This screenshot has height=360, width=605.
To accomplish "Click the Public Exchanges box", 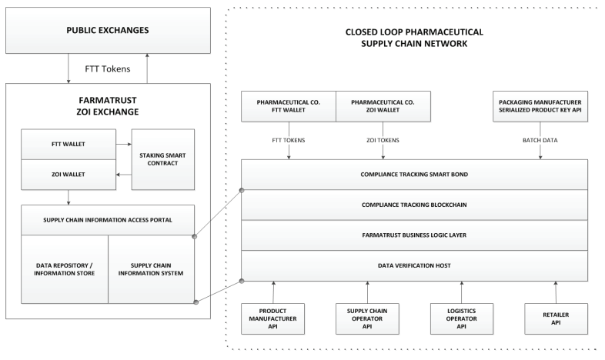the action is tap(108, 30).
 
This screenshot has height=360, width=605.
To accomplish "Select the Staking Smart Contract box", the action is tap(163, 159).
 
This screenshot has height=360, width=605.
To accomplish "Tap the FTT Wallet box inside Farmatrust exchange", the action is tap(69, 144).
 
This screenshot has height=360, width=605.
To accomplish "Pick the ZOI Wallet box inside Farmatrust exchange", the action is tap(69, 175).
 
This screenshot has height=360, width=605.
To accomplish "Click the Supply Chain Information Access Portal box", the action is tap(108, 220).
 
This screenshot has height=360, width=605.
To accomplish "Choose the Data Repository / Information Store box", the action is tap(65, 269).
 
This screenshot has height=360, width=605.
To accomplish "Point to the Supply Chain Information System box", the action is tap(151, 269).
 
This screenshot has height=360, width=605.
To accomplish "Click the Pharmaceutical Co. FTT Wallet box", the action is tap(289, 106).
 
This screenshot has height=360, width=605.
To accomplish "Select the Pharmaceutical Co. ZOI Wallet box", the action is tap(383, 106).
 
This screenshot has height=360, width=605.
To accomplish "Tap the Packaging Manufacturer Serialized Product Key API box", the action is tap(540, 106).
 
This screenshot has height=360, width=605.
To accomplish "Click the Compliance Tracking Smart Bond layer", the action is tap(414, 175).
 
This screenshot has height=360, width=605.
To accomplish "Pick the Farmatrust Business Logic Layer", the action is tap(414, 235).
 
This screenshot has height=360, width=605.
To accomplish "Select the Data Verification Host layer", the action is tap(414, 265).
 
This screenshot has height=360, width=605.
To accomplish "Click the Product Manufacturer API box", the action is tap(272, 318).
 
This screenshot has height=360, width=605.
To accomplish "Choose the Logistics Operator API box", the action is tap(462, 318).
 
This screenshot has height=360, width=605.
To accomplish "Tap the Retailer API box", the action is tap(556, 318).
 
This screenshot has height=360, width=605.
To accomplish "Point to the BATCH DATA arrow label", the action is tap(540, 140).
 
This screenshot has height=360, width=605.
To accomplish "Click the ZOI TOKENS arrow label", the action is tap(383, 140).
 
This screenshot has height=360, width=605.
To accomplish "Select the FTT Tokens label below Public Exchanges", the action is tap(108, 69).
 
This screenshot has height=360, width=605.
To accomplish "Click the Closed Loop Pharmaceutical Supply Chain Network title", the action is tap(414, 38).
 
